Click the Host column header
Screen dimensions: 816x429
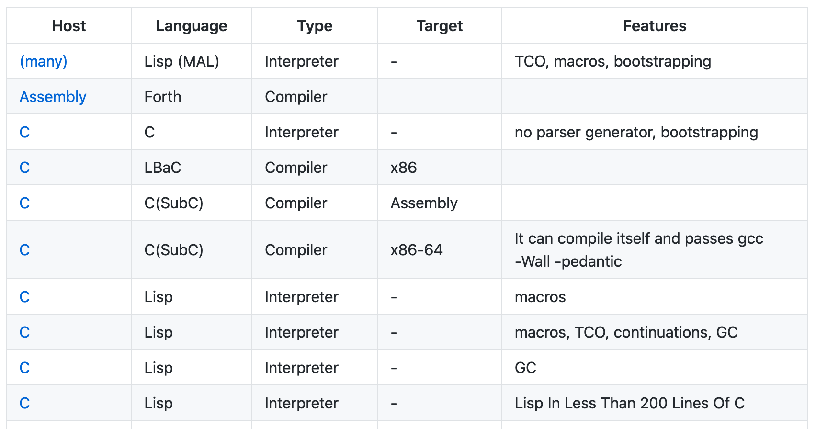[x=68, y=26]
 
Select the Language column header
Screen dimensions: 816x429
[x=191, y=26]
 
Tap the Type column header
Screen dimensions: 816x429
[x=314, y=26]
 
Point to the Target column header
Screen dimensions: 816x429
[x=439, y=26]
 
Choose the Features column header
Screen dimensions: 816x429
[x=655, y=26]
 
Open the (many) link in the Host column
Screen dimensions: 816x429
[x=44, y=61]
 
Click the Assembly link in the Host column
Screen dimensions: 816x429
[x=53, y=97]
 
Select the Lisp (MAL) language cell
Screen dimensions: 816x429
[x=181, y=61]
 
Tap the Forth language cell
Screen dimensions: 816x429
[x=162, y=97]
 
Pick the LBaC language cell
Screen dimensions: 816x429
[x=162, y=168]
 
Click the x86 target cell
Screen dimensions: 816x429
[x=403, y=168]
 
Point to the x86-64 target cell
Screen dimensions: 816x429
[x=416, y=250]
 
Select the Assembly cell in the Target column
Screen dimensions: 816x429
[x=424, y=203]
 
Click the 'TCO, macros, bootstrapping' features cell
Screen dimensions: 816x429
[x=613, y=61]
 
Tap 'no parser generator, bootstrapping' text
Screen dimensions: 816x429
[x=636, y=132]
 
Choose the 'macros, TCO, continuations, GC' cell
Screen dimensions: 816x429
[x=626, y=332]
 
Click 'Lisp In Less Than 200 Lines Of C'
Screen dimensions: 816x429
[x=630, y=403]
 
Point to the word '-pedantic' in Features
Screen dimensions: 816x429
[x=588, y=261]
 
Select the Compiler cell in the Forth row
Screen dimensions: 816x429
[x=296, y=97]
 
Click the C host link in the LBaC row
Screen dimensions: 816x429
[x=24, y=168]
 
